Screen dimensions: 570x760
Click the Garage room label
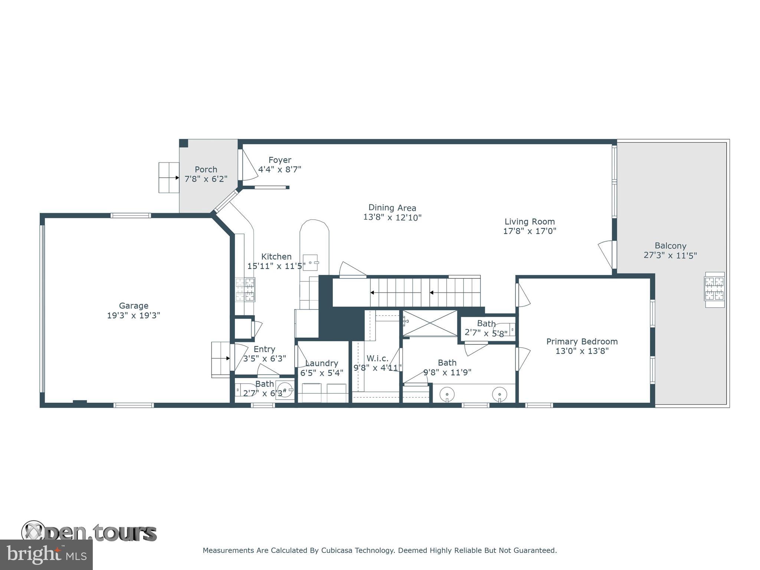(134, 306)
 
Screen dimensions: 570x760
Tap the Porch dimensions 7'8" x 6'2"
(206, 179)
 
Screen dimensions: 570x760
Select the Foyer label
(280, 160)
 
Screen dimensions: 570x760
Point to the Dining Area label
(392, 208)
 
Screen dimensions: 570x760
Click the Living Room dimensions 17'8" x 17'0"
(530, 231)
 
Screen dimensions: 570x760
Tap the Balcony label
(670, 246)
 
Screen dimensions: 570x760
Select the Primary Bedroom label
(582, 341)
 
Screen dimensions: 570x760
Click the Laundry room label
(322, 363)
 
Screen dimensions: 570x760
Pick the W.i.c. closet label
(377, 358)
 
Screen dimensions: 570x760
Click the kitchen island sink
(311, 262)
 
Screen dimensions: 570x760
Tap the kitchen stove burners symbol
(245, 289)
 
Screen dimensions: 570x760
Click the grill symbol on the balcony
(714, 289)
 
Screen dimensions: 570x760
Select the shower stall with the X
(430, 323)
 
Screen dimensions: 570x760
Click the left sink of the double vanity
(448, 394)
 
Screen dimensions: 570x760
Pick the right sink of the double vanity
(499, 394)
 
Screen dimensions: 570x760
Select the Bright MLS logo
(46, 554)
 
